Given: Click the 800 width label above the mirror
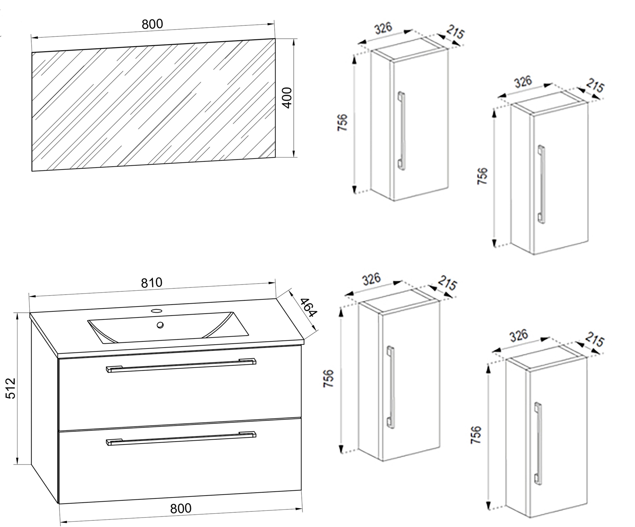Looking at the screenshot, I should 152,24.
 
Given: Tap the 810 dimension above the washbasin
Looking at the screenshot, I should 152,283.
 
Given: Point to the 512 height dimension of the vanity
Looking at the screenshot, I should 11,388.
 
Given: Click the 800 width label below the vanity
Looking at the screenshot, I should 181,509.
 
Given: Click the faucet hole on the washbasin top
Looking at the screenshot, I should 157,310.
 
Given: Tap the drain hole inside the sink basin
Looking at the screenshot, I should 160,325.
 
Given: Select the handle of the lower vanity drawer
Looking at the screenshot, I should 181,439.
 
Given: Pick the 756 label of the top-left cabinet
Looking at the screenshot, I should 343,123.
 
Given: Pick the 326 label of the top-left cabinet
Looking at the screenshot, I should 383,28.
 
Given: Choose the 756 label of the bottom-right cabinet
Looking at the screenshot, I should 476,435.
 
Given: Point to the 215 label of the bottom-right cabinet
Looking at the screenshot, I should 594,340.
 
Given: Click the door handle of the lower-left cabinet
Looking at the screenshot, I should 390,387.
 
